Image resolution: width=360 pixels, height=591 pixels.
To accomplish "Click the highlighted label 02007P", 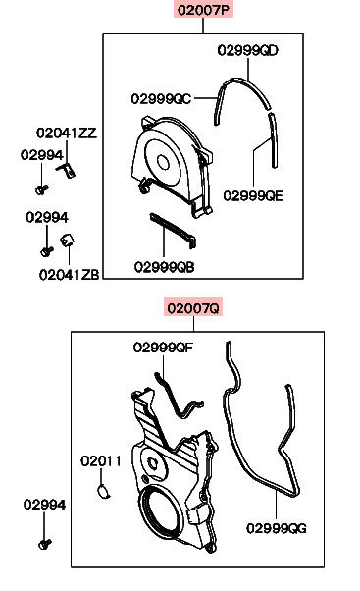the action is point(203,10).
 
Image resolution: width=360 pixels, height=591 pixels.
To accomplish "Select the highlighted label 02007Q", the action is point(193,308).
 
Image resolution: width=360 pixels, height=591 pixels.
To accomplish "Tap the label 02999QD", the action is point(247,50).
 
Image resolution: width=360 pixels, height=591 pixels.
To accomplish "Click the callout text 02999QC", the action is point(161,99).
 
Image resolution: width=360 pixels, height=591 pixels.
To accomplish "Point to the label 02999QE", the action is point(253,195).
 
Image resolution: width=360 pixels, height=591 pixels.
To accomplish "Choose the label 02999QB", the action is point(164,267).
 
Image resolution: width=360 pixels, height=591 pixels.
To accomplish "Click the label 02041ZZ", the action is point(67,133).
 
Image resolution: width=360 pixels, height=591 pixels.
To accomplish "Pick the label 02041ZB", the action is point(69,275).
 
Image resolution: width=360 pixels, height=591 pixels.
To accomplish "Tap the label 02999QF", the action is point(163,348).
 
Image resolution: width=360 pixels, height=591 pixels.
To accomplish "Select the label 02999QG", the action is point(277,528).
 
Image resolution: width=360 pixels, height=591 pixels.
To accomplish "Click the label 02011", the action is point(100,460).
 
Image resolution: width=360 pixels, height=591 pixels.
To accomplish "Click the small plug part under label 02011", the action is point(104,492).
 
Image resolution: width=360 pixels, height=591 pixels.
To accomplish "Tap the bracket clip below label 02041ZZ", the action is point(67,170).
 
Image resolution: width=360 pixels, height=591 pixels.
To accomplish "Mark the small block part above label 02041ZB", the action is point(67,240).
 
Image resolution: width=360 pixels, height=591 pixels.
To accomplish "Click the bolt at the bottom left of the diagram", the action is point(45,544).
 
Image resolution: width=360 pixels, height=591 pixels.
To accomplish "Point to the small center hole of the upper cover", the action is point(163,162).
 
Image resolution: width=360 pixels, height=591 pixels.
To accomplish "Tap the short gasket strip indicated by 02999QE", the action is point(274,140).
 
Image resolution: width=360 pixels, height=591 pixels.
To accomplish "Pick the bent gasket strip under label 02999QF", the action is point(180,396).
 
